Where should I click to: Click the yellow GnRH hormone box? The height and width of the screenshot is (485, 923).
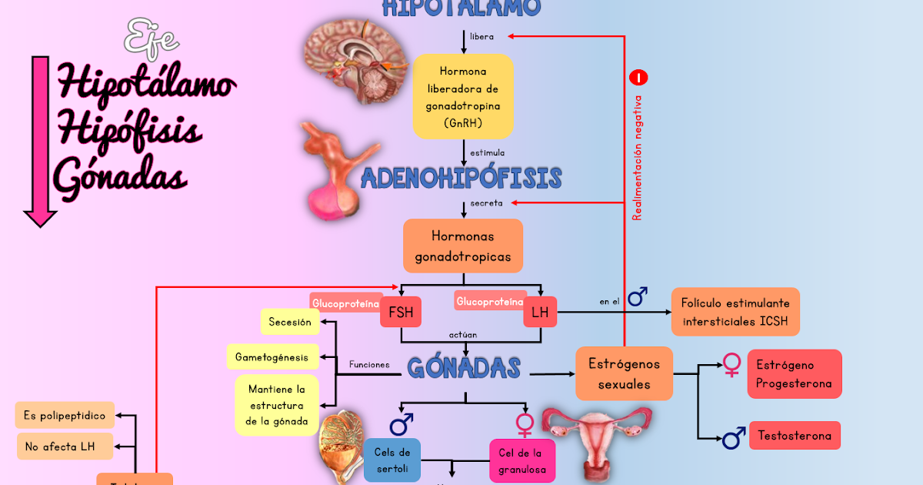tap(463, 95)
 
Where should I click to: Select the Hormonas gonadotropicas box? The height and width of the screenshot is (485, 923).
tap(463, 246)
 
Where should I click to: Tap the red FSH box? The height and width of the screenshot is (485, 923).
tap(401, 312)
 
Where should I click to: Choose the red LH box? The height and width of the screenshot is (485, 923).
tap(540, 312)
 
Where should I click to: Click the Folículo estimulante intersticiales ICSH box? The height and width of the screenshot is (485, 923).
tap(735, 312)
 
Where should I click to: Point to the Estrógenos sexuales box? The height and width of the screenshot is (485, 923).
tap(624, 373)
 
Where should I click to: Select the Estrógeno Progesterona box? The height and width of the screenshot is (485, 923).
tap(795, 374)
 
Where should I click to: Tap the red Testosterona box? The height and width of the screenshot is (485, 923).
tap(795, 436)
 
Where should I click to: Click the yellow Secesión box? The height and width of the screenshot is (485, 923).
tap(290, 322)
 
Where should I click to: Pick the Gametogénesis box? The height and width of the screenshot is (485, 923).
tap(272, 356)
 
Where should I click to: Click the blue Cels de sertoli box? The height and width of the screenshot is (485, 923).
tap(392, 460)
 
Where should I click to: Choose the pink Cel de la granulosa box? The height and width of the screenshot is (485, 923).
tap(522, 461)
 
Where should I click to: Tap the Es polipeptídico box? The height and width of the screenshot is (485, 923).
tap(65, 416)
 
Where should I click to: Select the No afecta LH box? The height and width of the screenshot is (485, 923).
tap(65, 446)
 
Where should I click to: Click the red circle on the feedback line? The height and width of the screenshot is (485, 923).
tap(638, 78)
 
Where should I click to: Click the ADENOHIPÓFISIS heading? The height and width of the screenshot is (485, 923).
tap(461, 179)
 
